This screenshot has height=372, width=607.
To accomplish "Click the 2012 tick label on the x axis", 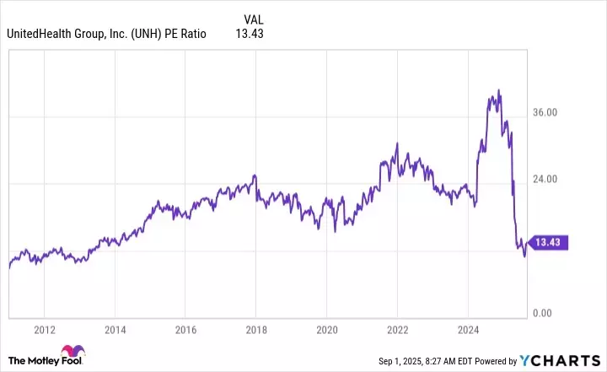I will click(x=45, y=330).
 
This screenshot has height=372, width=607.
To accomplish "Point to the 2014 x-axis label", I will click(x=115, y=330).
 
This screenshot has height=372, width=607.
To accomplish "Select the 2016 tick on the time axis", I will click(x=186, y=330).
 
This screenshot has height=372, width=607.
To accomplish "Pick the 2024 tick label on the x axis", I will click(x=469, y=330).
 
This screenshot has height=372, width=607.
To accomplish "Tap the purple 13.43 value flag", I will click(x=552, y=243).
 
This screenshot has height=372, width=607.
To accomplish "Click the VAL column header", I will click(x=253, y=19).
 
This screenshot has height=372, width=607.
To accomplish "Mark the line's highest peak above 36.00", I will click(x=499, y=89).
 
